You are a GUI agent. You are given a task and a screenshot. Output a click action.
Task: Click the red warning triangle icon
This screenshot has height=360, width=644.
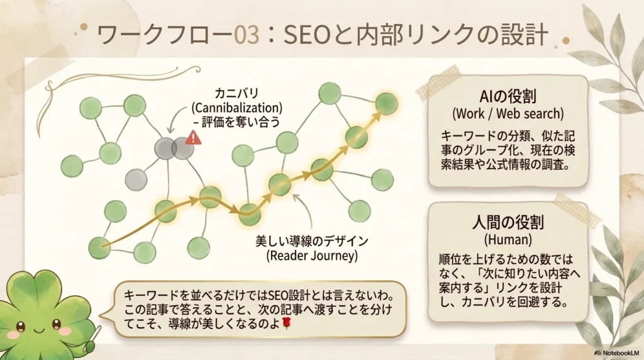(193, 138)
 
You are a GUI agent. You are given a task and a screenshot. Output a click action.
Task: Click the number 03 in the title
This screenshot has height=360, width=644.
(247, 35)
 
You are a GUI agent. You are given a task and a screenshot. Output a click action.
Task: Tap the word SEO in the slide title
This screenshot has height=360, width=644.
(307, 35)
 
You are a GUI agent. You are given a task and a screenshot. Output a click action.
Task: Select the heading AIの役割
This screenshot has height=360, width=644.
(508, 96)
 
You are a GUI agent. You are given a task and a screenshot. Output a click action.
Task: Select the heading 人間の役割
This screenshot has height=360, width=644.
(508, 222)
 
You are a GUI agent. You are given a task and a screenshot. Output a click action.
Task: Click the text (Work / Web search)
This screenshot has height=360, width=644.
(508, 113)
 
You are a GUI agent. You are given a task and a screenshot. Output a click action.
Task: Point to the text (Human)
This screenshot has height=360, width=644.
(508, 239)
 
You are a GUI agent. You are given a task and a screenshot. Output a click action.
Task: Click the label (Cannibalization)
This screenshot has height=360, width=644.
(237, 108)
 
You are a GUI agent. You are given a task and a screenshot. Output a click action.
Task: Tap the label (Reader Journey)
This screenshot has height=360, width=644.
(312, 256)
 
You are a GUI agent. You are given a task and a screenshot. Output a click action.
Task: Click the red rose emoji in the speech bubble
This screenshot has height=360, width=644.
(287, 323)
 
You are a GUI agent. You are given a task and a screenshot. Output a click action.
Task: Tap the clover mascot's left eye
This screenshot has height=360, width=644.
(20, 327)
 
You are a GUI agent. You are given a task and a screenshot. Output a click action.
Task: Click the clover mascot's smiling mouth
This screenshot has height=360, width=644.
(38, 331)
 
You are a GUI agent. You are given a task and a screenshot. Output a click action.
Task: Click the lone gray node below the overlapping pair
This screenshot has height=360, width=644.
(136, 179)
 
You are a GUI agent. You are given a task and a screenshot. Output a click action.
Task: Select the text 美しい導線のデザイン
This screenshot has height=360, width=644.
(312, 241)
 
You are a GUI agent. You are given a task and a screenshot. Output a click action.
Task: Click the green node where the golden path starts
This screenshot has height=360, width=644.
(99, 248)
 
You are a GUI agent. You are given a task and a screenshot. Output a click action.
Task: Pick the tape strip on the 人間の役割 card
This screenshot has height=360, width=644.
(577, 210)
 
